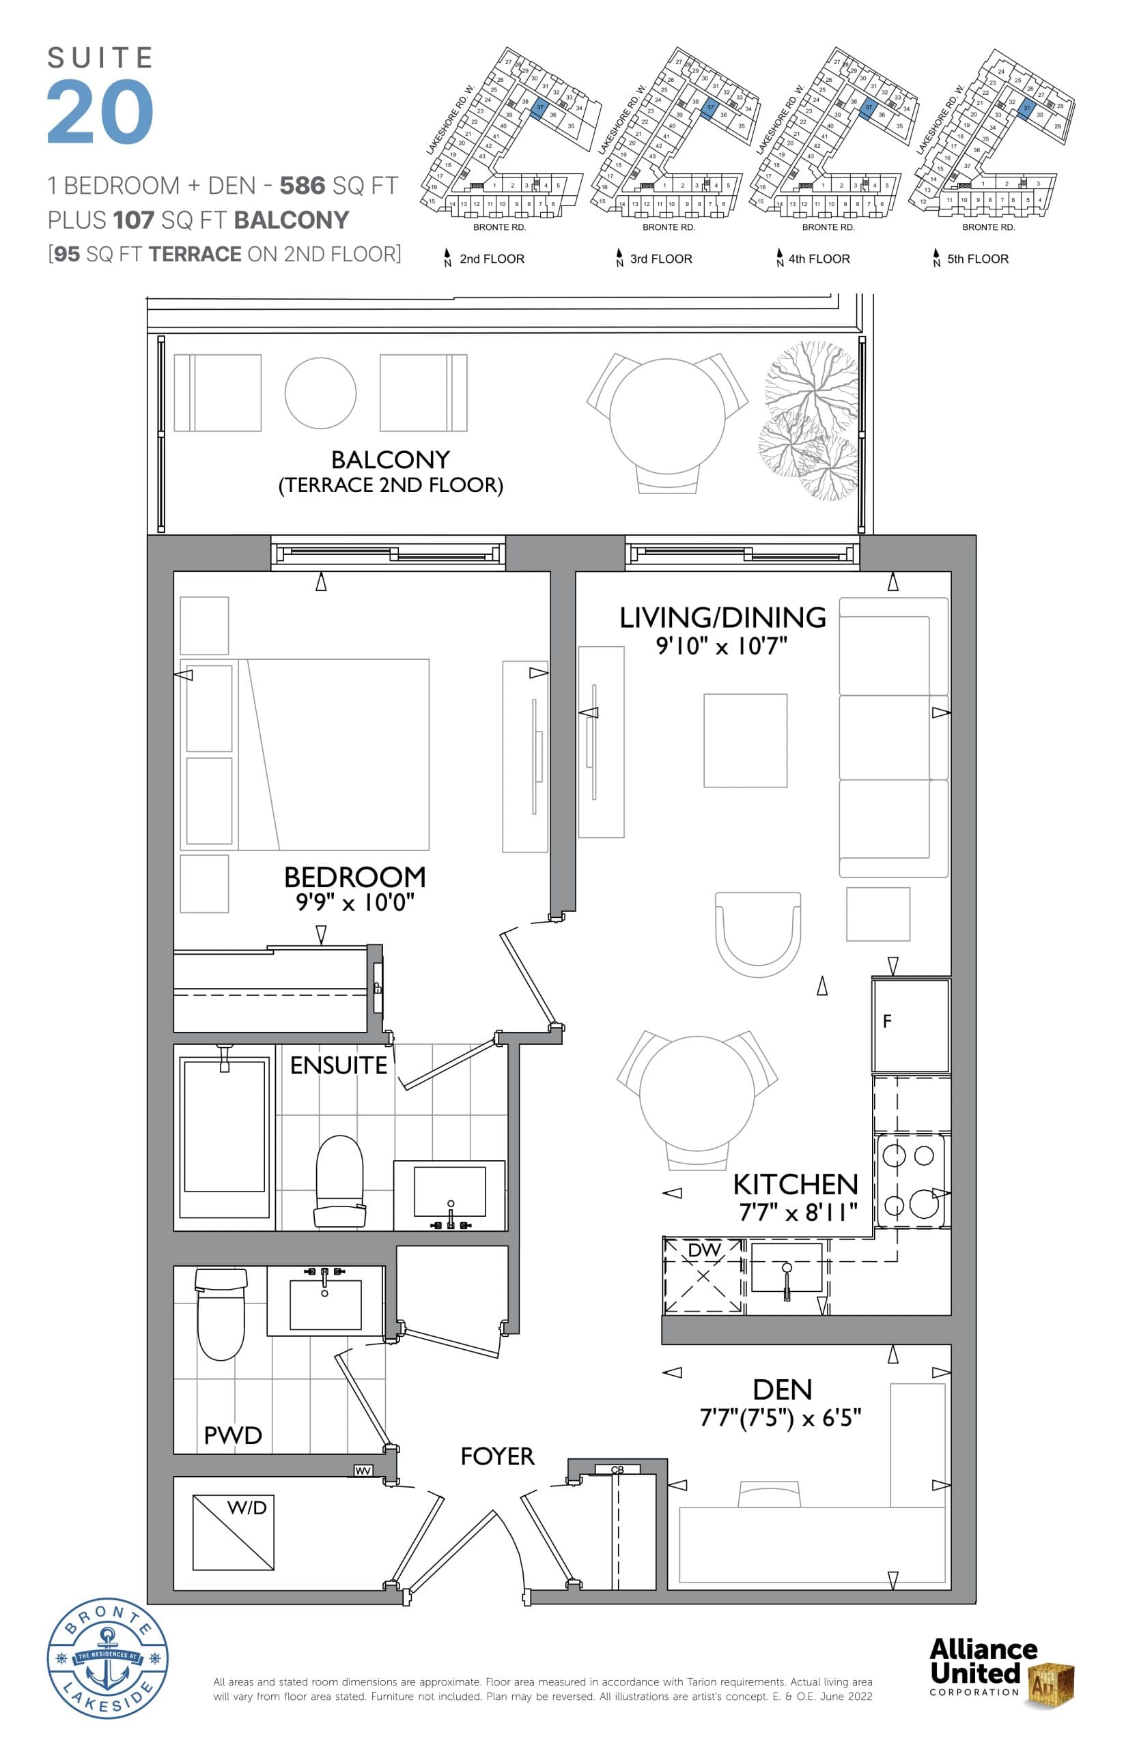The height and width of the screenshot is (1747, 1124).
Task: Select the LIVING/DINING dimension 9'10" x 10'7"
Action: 721,646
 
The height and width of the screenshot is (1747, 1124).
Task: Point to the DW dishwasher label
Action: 703,1250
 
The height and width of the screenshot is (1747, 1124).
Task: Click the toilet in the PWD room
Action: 221,1313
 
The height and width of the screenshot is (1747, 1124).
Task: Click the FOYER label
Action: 497,1457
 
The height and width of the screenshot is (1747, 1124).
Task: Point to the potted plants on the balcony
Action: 810,422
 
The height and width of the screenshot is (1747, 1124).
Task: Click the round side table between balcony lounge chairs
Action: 320,392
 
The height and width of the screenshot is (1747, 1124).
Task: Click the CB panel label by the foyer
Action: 617,1469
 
